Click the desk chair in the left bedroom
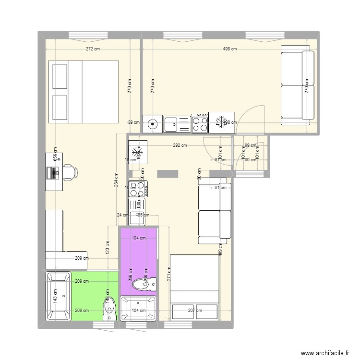[x=70, y=171]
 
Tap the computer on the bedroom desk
[x=53, y=172]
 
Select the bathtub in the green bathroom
[x=58, y=297]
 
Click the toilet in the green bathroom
[x=109, y=307]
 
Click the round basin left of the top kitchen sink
[x=153, y=123]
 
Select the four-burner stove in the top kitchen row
[x=200, y=123]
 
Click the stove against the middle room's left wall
[x=138, y=188]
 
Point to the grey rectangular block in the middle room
[x=167, y=173]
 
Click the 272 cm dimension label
[x=93, y=49]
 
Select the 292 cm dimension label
[x=180, y=145]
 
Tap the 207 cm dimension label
[x=194, y=311]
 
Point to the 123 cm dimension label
[x=107, y=247]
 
